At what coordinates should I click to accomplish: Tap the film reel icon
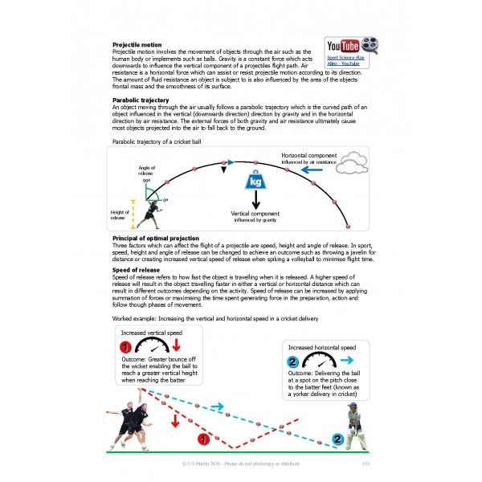tap(368, 45)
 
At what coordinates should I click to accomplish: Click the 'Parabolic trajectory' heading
tap(140, 100)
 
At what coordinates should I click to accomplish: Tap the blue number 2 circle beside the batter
tap(338, 439)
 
